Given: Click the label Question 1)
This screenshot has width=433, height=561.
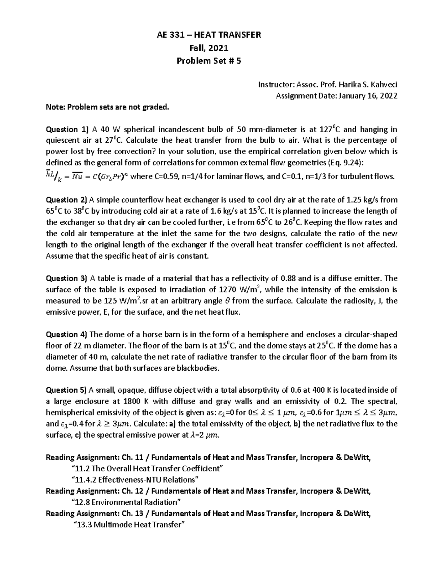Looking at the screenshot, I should (67, 129).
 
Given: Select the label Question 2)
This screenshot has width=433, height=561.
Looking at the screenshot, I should (67, 199).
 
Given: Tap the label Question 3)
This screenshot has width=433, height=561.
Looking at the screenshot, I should (67, 278).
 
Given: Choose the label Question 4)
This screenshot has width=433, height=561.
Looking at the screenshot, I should (67, 334).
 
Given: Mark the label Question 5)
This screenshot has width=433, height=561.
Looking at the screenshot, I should (67, 390).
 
